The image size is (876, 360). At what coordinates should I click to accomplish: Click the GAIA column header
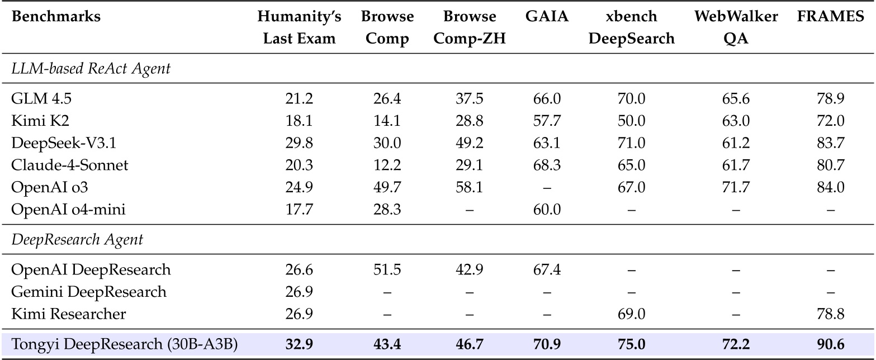pyautogui.click(x=547, y=17)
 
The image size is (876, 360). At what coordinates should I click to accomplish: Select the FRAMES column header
pyautogui.click(x=830, y=17)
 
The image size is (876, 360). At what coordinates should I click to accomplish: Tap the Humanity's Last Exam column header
pyautogui.click(x=299, y=27)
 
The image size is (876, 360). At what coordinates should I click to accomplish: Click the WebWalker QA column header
pyautogui.click(x=736, y=27)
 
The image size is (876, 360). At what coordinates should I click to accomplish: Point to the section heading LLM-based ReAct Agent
pyautogui.click(x=91, y=69)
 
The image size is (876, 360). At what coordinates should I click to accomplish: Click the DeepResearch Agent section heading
pyautogui.click(x=77, y=240)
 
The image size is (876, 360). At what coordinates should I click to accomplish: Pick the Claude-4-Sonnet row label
pyautogui.click(x=70, y=165)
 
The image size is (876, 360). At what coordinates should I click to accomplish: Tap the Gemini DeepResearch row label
pyautogui.click(x=89, y=292)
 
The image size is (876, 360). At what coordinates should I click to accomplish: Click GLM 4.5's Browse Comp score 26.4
pyautogui.click(x=387, y=99)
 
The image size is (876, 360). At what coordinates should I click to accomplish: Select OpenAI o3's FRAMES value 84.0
pyautogui.click(x=830, y=187)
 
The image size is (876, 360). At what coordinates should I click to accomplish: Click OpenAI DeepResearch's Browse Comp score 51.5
pyautogui.click(x=387, y=270)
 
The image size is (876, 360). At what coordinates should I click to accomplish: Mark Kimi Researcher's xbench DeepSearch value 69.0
pyautogui.click(x=632, y=314)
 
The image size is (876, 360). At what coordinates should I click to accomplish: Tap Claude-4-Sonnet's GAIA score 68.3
pyautogui.click(x=547, y=165)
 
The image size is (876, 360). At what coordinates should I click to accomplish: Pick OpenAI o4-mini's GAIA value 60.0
pyautogui.click(x=547, y=209)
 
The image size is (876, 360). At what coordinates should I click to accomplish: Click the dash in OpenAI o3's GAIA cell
pyautogui.click(x=547, y=187)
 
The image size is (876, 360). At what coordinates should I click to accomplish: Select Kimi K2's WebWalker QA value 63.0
pyautogui.click(x=736, y=121)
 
